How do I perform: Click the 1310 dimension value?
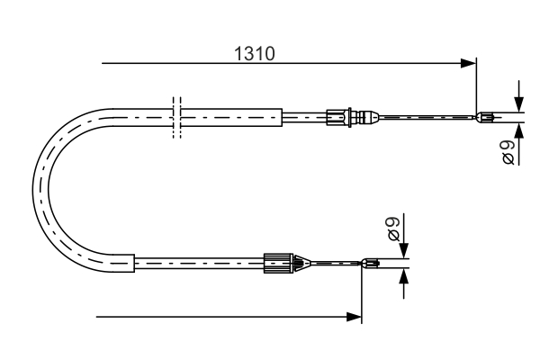(255, 53)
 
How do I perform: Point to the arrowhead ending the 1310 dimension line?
(467, 63)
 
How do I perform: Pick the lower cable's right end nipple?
(370, 264)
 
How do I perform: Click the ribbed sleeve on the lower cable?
(278, 264)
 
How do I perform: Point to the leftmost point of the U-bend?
(34, 189)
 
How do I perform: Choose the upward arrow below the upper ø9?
(519, 129)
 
